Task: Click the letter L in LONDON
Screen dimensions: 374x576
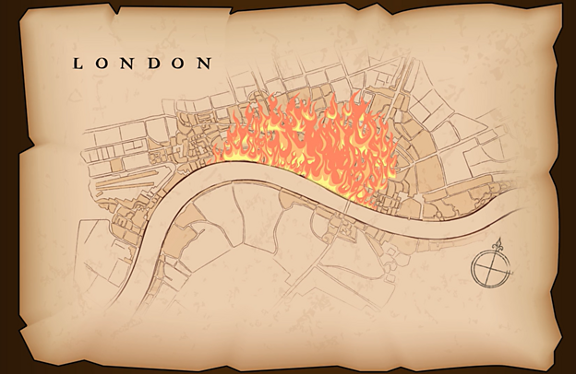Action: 78,64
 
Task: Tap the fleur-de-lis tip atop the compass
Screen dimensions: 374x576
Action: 499,243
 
